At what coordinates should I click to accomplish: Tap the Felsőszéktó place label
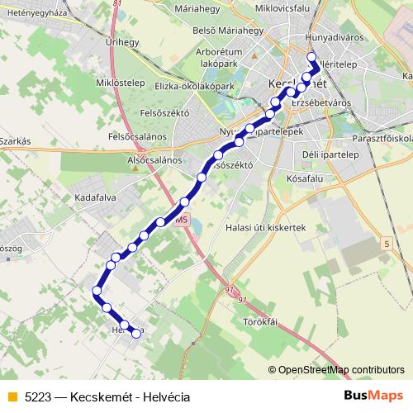pos(165,112)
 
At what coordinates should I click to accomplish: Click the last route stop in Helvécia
pos(137,333)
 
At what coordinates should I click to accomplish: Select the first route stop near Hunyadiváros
pos(312,57)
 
